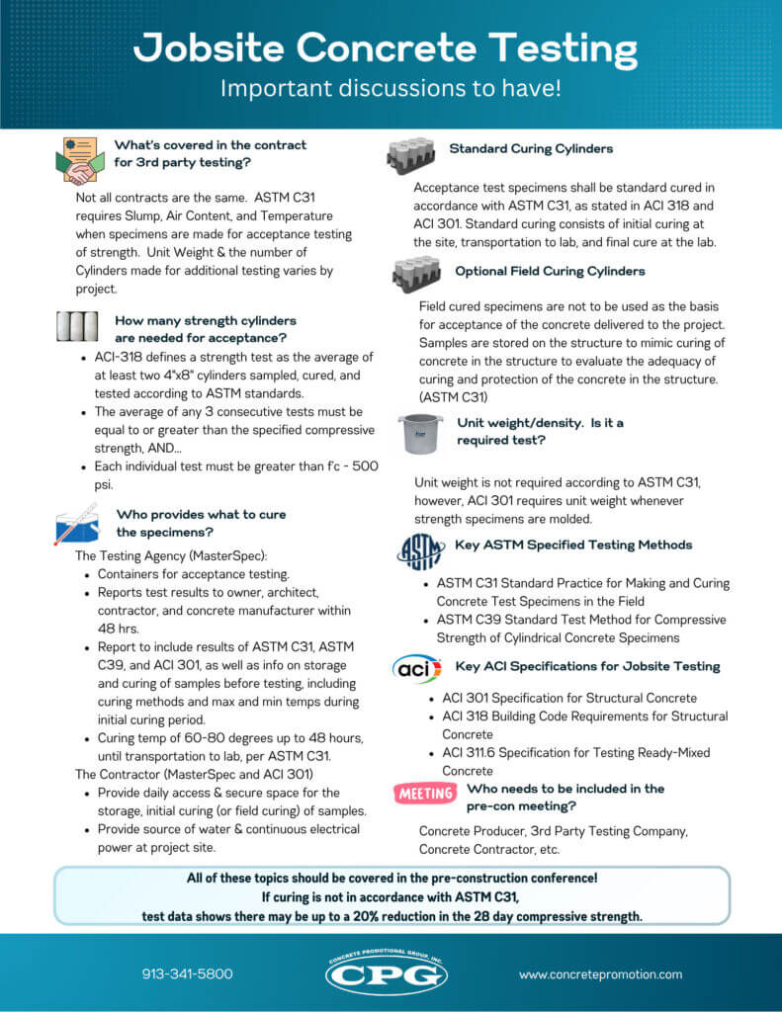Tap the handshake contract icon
pyautogui.click(x=80, y=161)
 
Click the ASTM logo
pyautogui.click(x=419, y=550)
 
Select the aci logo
pyautogui.click(x=417, y=669)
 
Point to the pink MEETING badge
pyautogui.click(x=425, y=793)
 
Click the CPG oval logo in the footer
pyautogui.click(x=387, y=973)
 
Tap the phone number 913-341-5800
pyautogui.click(x=187, y=973)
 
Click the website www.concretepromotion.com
pyautogui.click(x=600, y=973)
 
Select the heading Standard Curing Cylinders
pyautogui.click(x=531, y=149)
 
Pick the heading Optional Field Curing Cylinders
pyautogui.click(x=550, y=271)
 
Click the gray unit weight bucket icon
pyautogui.click(x=419, y=433)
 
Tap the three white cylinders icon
pyautogui.click(x=77, y=327)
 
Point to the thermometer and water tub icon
pyautogui.click(x=76, y=524)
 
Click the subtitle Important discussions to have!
pyautogui.click(x=391, y=88)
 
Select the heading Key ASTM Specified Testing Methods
pyautogui.click(x=573, y=545)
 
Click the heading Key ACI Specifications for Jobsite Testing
pyautogui.click(x=587, y=666)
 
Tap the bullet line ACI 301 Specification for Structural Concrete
pyautogui.click(x=569, y=698)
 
